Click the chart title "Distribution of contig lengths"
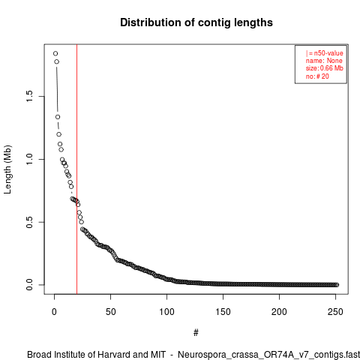pos(196,22)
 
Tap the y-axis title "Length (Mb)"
pos(7,169)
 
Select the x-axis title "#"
pos(196,333)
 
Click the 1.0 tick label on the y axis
pos(29,159)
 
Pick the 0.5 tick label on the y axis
pos(29,222)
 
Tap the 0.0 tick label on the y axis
pos(29,285)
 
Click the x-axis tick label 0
pos(54,312)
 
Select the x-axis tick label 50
pos(110,312)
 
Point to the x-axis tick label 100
pos(166,312)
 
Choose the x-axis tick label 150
pos(223,312)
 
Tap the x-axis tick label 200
pos(279,312)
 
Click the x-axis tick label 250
pos(335,312)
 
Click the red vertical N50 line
pos(76,169)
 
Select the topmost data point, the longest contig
pos(55,53)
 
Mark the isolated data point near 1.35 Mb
pos(58,117)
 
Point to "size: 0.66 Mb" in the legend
pos(325,68)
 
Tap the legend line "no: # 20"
pos(317,76)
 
